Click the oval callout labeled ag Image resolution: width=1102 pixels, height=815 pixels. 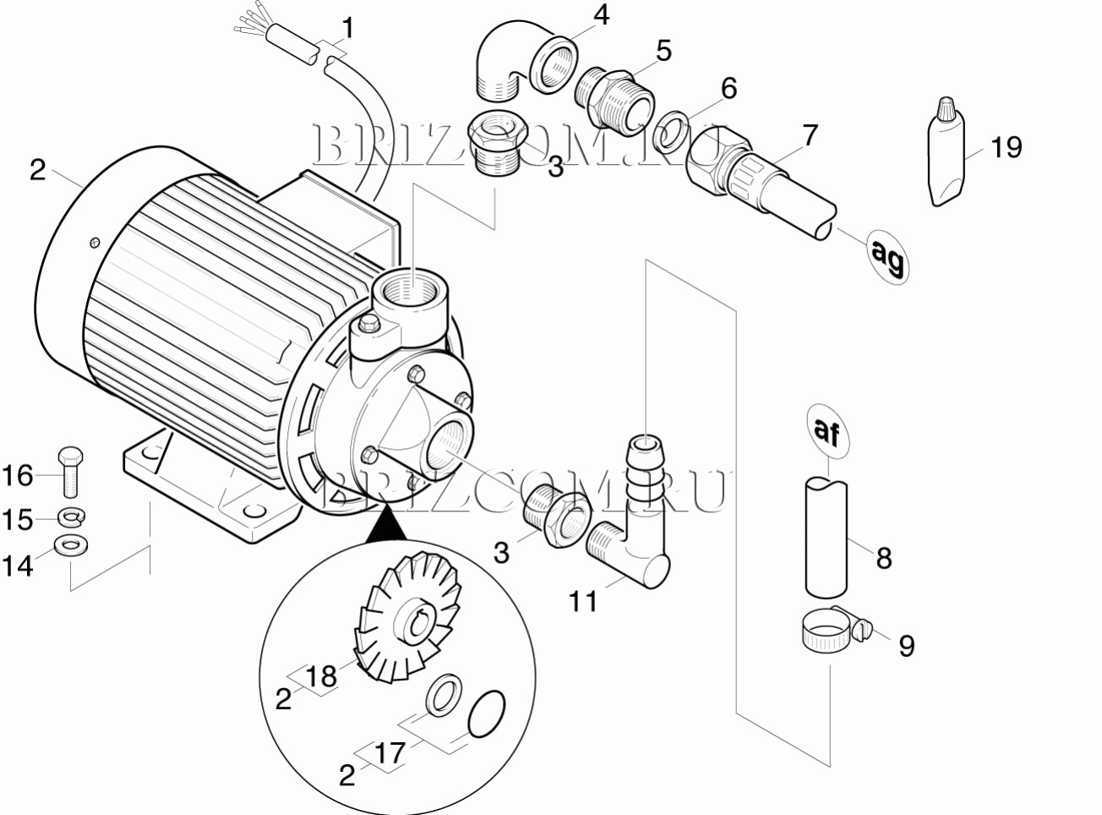888,256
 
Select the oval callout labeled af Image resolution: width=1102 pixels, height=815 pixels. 827,431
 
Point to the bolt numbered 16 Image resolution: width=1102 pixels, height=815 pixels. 70,472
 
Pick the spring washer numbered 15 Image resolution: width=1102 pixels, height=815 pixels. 71,517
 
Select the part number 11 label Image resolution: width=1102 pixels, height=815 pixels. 583,602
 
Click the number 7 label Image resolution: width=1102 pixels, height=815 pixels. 810,135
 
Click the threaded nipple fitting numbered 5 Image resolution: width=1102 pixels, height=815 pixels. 614,102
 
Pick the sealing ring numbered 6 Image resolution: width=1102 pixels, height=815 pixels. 673,131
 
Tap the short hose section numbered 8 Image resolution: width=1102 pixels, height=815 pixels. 826,537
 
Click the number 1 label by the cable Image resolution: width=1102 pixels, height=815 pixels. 349,29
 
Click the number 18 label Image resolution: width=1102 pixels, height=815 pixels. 321,676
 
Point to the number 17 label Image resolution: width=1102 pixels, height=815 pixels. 390,753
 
